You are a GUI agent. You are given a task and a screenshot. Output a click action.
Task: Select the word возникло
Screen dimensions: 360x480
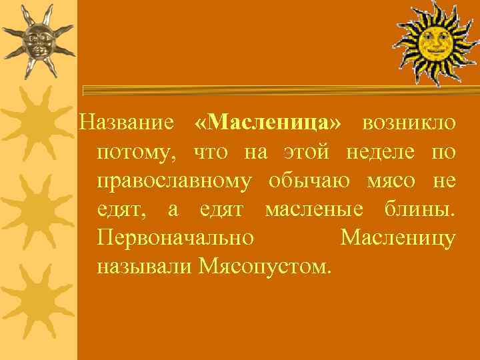(409, 123)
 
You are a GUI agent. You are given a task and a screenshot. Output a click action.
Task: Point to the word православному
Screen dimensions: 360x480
(174, 181)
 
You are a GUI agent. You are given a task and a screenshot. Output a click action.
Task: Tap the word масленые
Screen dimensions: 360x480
(314, 209)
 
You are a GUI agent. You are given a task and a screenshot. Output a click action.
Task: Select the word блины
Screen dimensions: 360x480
(421, 209)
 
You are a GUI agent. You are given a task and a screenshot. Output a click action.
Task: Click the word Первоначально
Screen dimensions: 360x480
(175, 238)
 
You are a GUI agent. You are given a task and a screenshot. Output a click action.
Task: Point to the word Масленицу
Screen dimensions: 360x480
(398, 238)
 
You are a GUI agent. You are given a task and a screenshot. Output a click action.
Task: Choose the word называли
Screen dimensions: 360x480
(145, 267)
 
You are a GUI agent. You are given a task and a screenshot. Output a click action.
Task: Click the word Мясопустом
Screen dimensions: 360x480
(264, 267)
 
